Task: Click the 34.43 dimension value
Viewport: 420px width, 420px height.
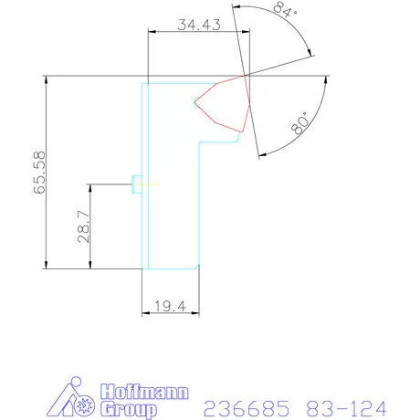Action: tap(199, 25)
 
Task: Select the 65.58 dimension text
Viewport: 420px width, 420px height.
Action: tap(39, 173)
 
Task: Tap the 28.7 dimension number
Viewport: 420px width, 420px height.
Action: tap(84, 226)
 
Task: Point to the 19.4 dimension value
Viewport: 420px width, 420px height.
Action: tap(170, 306)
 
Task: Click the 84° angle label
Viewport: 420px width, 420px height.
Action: tap(285, 9)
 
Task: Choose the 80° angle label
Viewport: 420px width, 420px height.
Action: tap(299, 123)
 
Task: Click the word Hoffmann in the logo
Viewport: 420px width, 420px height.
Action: tap(144, 392)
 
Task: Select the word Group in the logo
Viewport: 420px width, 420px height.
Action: tap(128, 410)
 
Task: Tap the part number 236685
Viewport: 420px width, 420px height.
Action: tap(247, 408)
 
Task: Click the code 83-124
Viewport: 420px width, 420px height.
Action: tap(346, 408)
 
